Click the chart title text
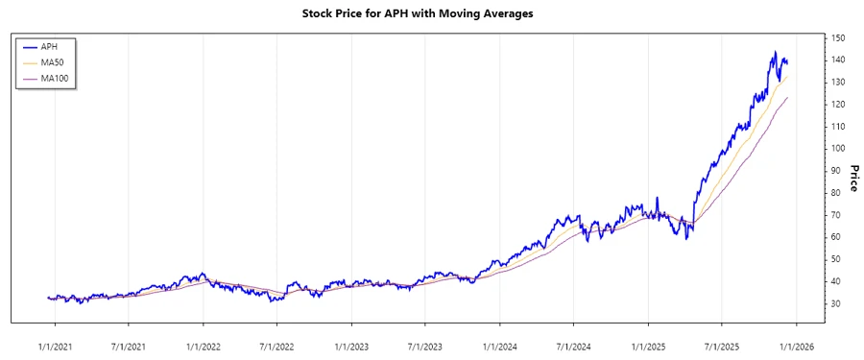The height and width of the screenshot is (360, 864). pyautogui.click(x=431, y=13)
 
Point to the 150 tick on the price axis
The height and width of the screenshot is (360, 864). pyautogui.click(x=838, y=38)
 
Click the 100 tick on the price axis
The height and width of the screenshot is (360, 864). pyautogui.click(x=838, y=149)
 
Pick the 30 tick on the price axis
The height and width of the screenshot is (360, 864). pyautogui.click(x=836, y=303)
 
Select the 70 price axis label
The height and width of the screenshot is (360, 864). pyautogui.click(x=836, y=215)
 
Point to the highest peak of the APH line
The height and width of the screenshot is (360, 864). pyautogui.click(x=775, y=52)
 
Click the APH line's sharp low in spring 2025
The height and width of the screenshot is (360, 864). pyautogui.click(x=686, y=238)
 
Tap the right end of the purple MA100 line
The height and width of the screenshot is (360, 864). pyautogui.click(x=788, y=97)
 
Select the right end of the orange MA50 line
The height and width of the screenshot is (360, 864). pyautogui.click(x=788, y=78)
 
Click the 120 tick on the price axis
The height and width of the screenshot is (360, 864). pyautogui.click(x=838, y=105)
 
